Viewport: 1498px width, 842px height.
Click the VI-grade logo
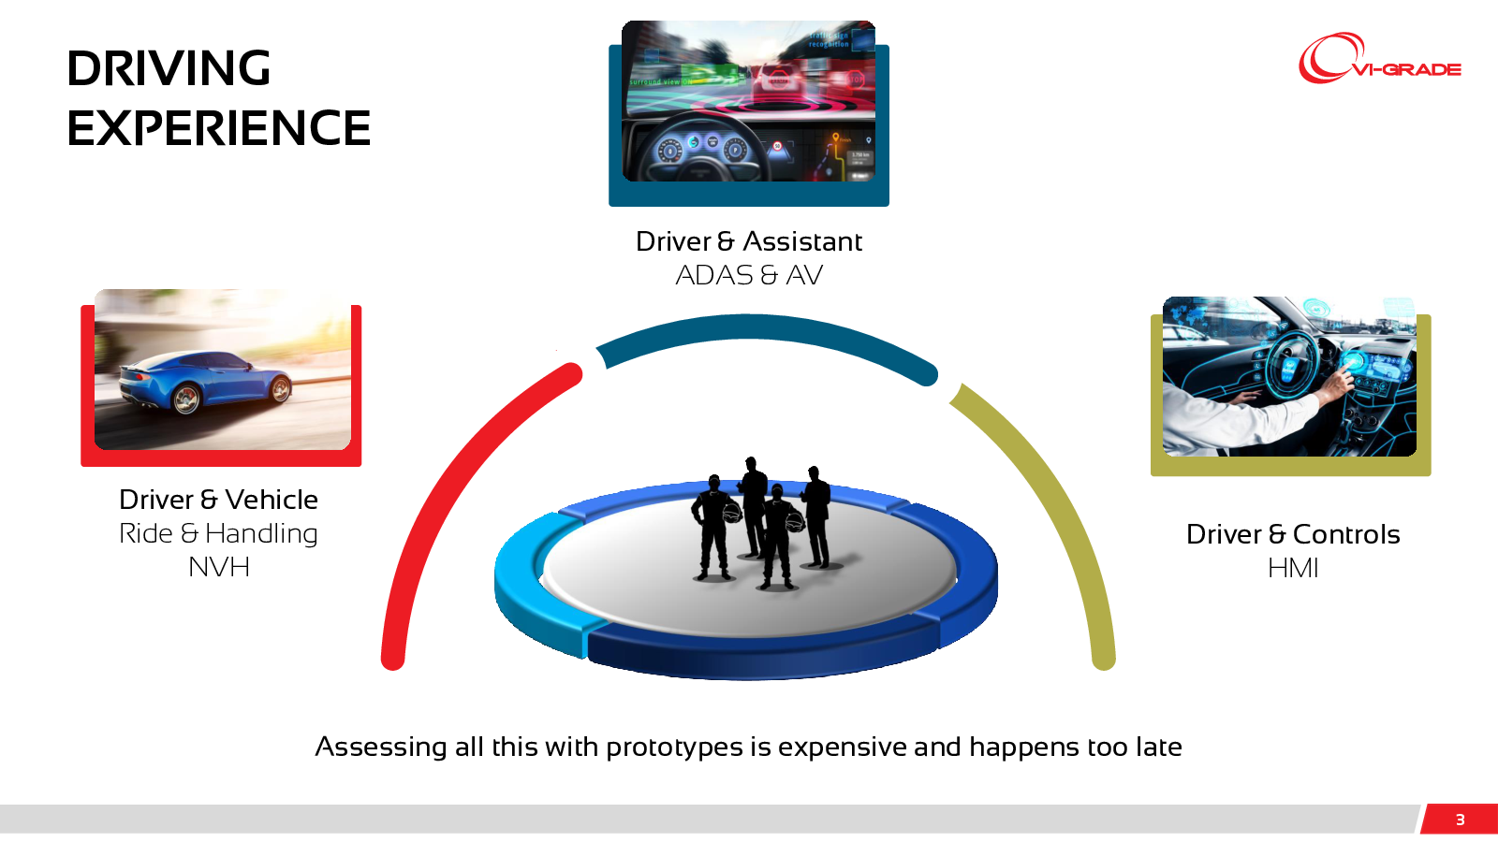[1379, 59]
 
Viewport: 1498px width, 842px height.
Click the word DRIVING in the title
[169, 68]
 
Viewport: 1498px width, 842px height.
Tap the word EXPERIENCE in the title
[219, 127]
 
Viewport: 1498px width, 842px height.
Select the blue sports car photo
[223, 369]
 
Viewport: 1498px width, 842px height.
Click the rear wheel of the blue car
[186, 399]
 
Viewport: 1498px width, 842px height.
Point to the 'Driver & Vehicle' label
[219, 500]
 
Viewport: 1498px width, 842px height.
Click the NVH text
[219, 567]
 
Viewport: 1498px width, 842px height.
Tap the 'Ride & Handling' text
[219, 533]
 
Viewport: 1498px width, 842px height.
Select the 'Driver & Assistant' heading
[748, 241]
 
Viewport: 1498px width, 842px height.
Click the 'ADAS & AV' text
[748, 275]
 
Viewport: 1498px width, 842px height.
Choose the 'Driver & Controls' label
[1293, 534]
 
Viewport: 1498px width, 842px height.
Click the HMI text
[1293, 568]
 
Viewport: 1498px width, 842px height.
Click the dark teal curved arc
[762, 327]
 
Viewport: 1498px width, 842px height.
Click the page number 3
[1460, 820]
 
